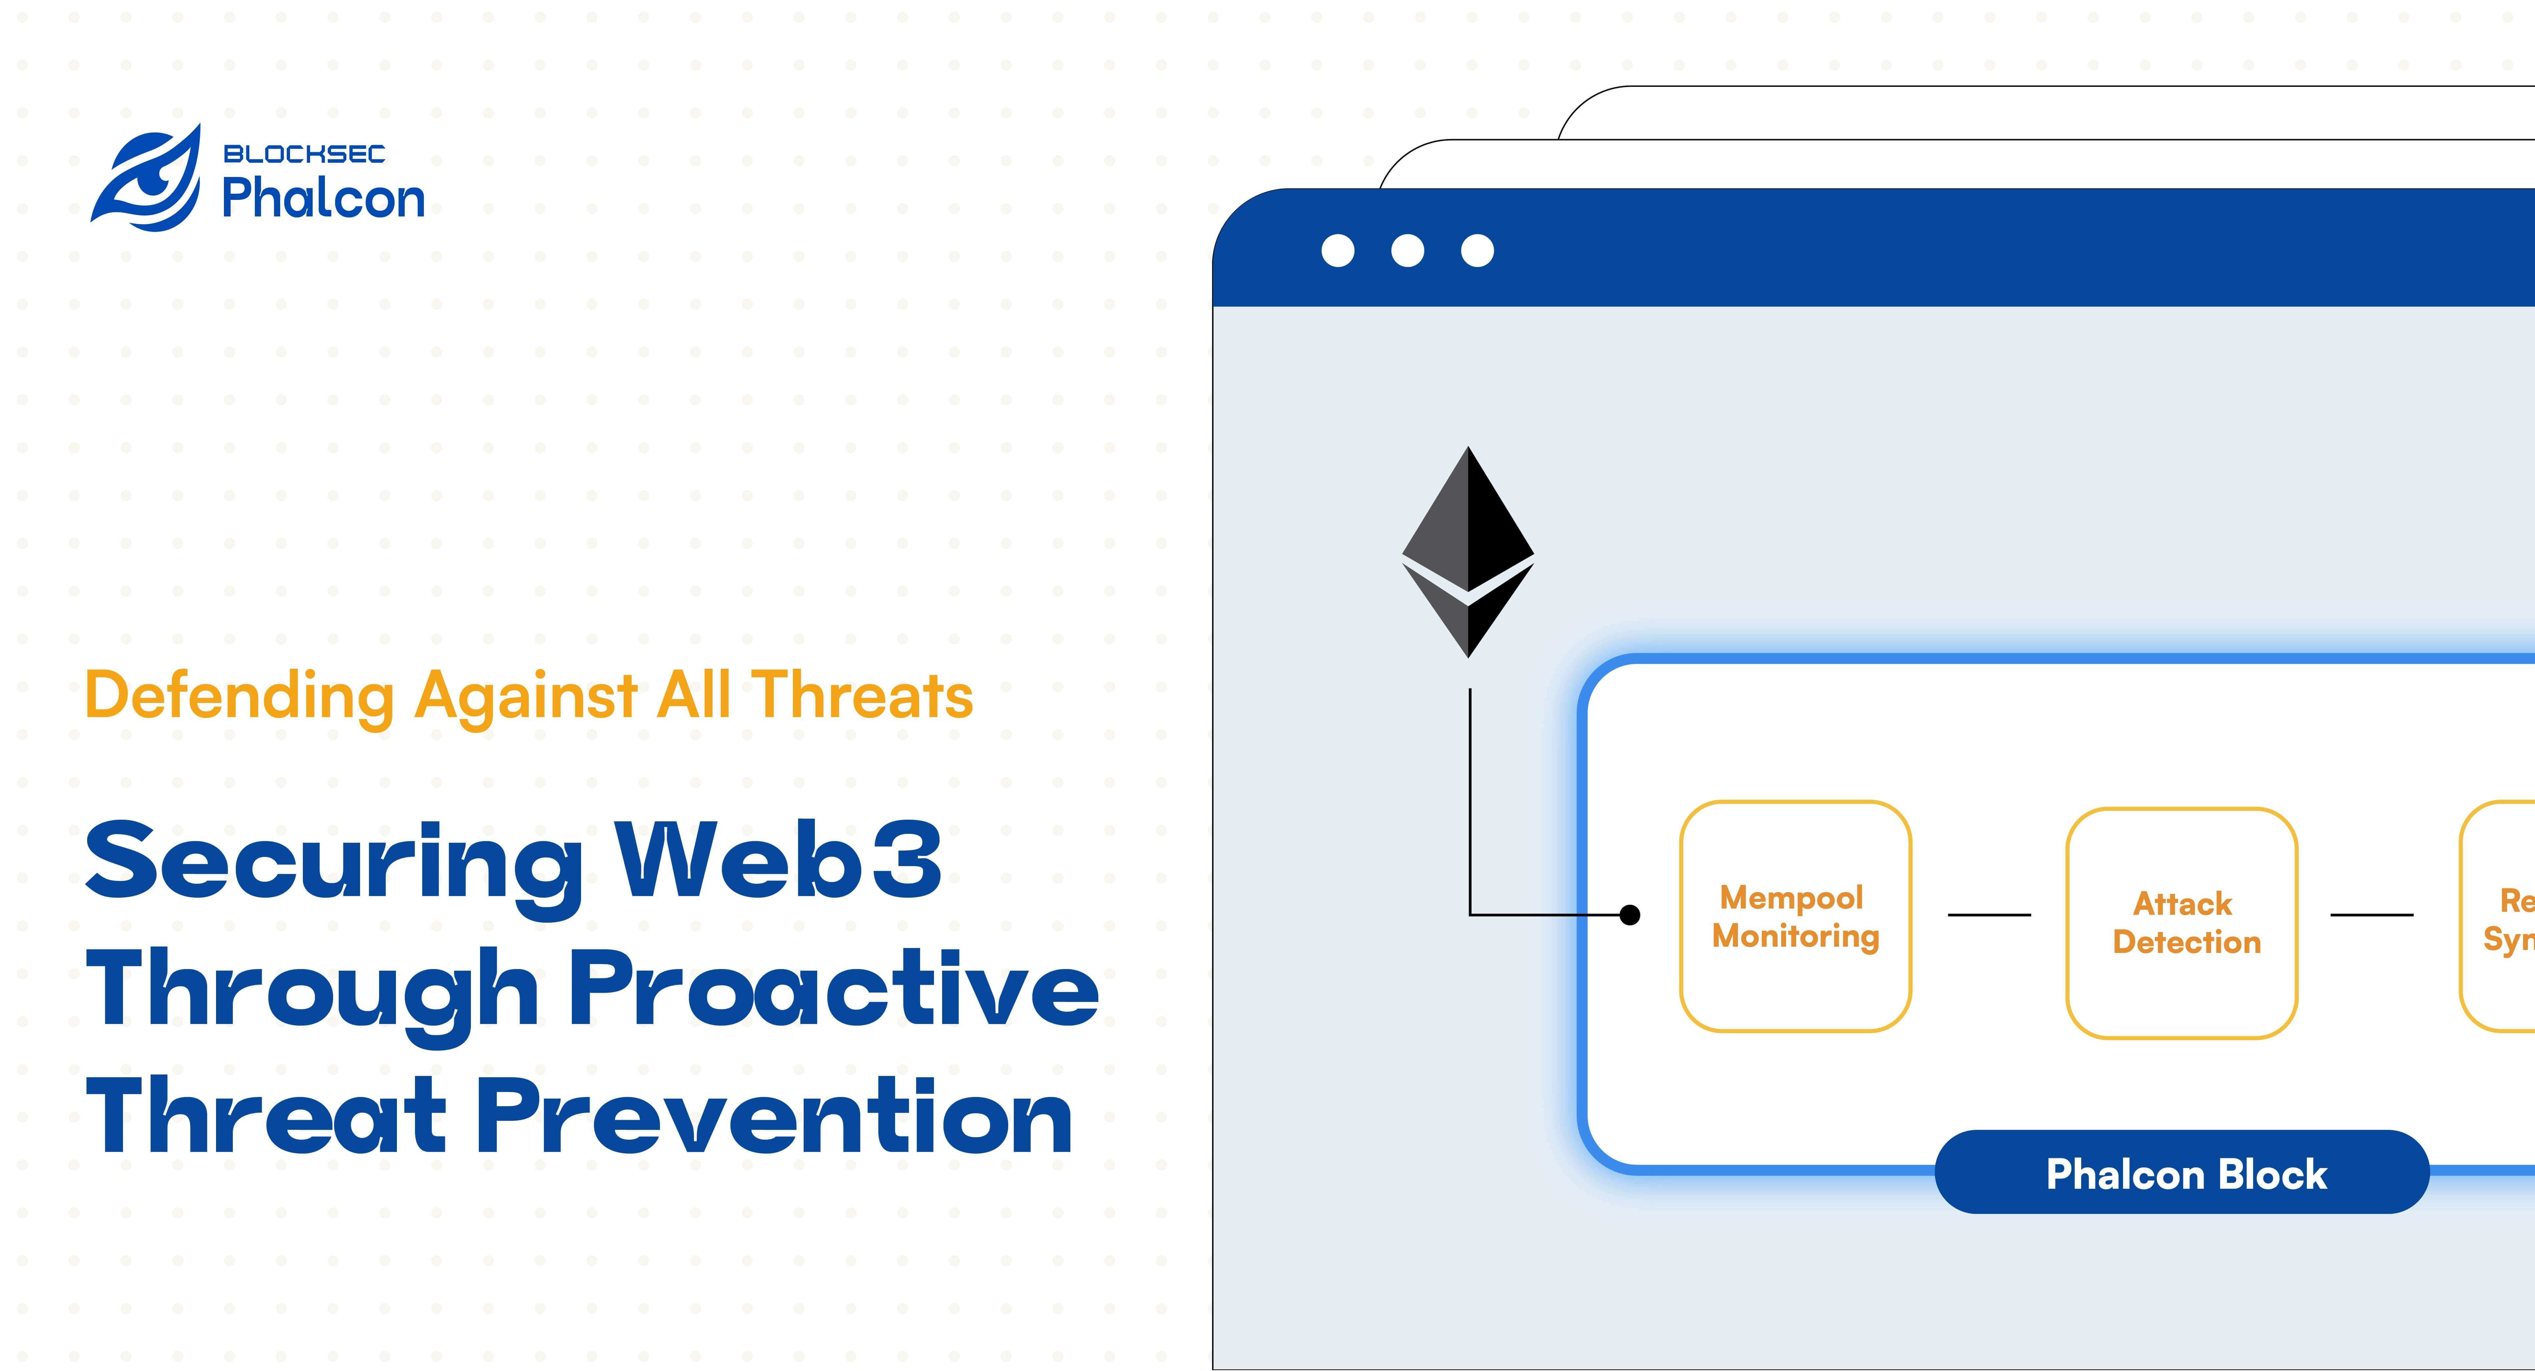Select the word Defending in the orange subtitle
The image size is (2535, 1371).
pos(239,696)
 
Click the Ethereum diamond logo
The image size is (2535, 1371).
pos(1467,551)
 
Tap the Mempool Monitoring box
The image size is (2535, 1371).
pos(1795,916)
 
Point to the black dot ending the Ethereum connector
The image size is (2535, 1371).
pos(1630,915)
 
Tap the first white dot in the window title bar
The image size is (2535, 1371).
pos(1337,251)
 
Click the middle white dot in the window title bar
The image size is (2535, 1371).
pos(1407,251)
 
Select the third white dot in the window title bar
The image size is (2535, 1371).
pos(1477,251)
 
